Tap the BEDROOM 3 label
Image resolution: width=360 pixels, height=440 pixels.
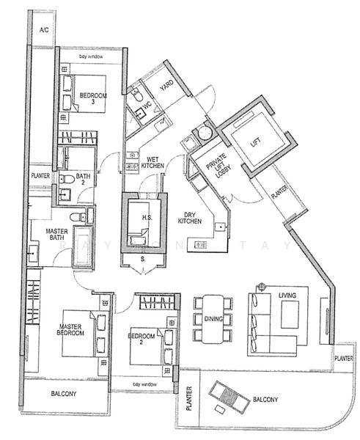pyautogui.click(x=93, y=99)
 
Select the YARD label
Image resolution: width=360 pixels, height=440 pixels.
pyautogui.click(x=166, y=86)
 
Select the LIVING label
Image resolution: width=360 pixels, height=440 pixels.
pyautogui.click(x=287, y=296)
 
